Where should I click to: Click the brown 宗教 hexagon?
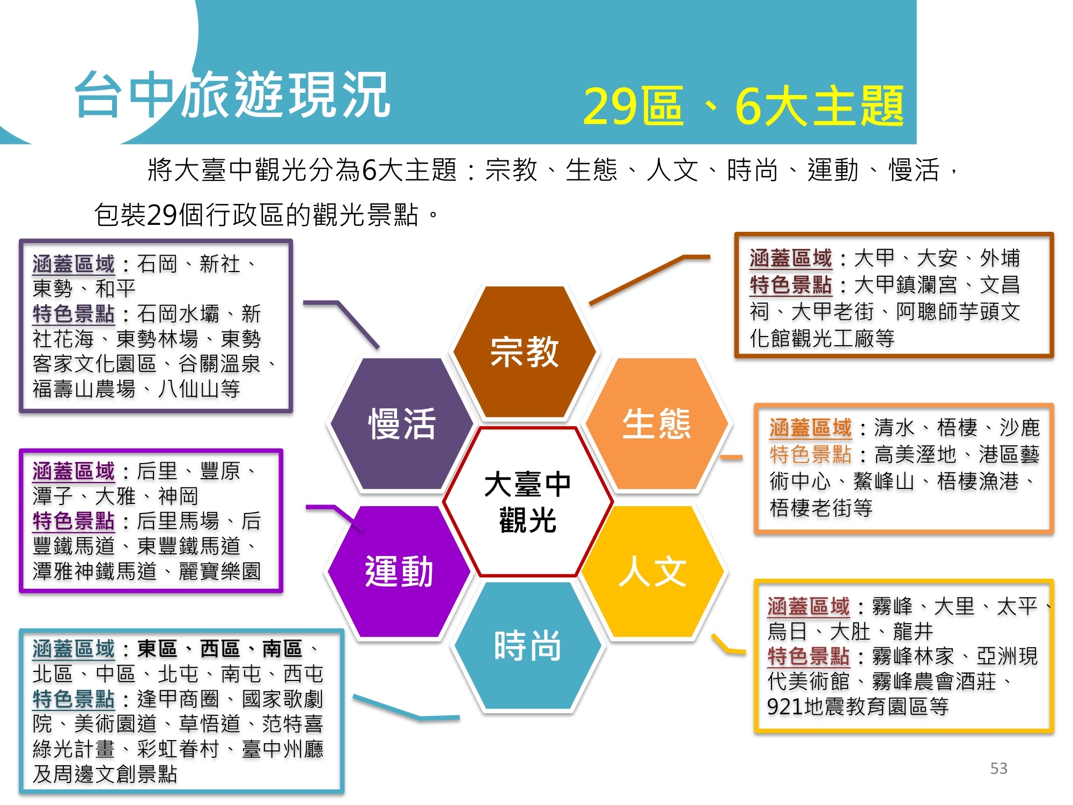pyautogui.click(x=524, y=352)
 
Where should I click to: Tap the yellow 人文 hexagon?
pyautogui.click(x=653, y=572)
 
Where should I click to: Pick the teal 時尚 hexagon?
pyautogui.click(x=527, y=646)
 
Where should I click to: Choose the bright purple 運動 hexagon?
pyautogui.click(x=399, y=572)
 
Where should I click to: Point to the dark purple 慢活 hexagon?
pyautogui.click(x=401, y=424)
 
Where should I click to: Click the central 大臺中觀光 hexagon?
pyautogui.click(x=528, y=502)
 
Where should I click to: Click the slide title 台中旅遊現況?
pyautogui.click(x=232, y=96)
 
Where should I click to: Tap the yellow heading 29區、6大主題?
pyautogui.click(x=743, y=106)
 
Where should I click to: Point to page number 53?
pyautogui.click(x=998, y=769)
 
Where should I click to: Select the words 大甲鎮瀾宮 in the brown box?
pyautogui.click(x=906, y=285)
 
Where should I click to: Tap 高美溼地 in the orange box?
pyautogui.click(x=915, y=455)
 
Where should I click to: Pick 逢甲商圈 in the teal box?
pyautogui.click(x=178, y=699)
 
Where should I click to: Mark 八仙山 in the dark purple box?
pyautogui.click(x=189, y=389)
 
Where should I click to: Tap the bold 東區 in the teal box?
pyautogui.click(x=157, y=649)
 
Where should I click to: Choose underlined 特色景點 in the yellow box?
pyautogui.click(x=808, y=656)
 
